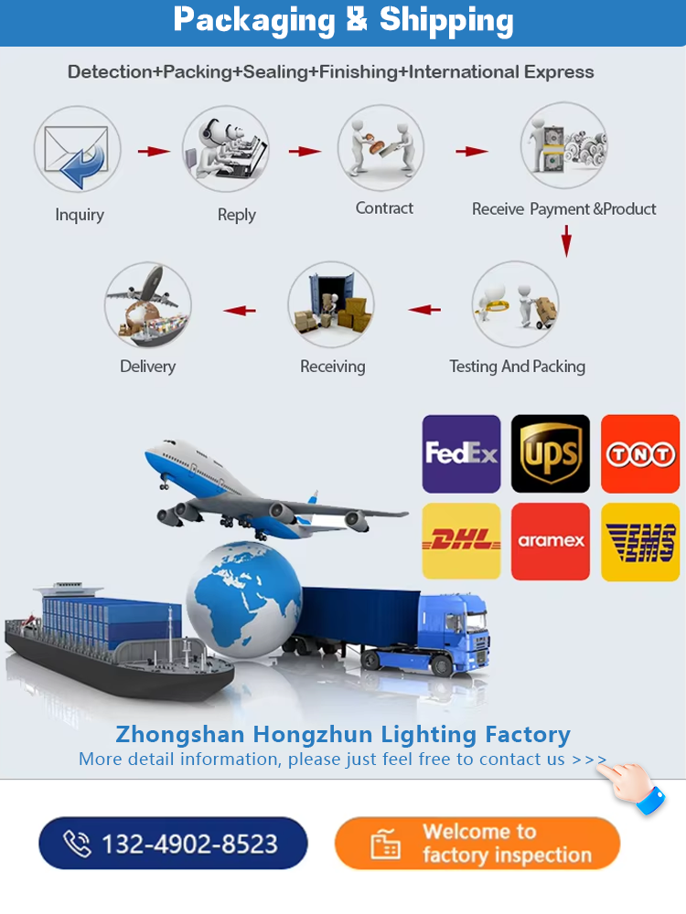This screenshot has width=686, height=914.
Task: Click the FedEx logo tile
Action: [x=461, y=454]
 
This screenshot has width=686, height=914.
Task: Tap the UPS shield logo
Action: [x=551, y=454]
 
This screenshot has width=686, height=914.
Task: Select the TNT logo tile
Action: [x=640, y=454]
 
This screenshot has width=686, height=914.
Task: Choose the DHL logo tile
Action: [x=461, y=541]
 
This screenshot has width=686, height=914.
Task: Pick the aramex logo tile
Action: [x=551, y=541]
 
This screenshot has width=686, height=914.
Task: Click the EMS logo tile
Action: [x=640, y=542]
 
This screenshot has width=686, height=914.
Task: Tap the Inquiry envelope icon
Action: [x=77, y=149]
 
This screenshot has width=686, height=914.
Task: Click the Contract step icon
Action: [x=381, y=147]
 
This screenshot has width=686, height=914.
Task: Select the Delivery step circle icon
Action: [x=147, y=305]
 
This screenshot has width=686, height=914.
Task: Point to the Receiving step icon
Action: [x=331, y=305]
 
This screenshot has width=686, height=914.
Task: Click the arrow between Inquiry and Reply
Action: [x=154, y=151]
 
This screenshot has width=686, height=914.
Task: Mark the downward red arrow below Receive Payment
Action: [x=566, y=240]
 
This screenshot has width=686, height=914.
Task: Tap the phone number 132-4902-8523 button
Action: [x=173, y=844]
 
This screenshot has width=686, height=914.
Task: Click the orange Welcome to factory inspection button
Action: [x=477, y=844]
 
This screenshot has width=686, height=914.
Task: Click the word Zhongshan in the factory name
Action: [x=180, y=735]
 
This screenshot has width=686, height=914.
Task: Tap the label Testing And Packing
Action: [x=518, y=367]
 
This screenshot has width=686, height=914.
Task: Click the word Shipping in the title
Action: [x=446, y=22]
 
